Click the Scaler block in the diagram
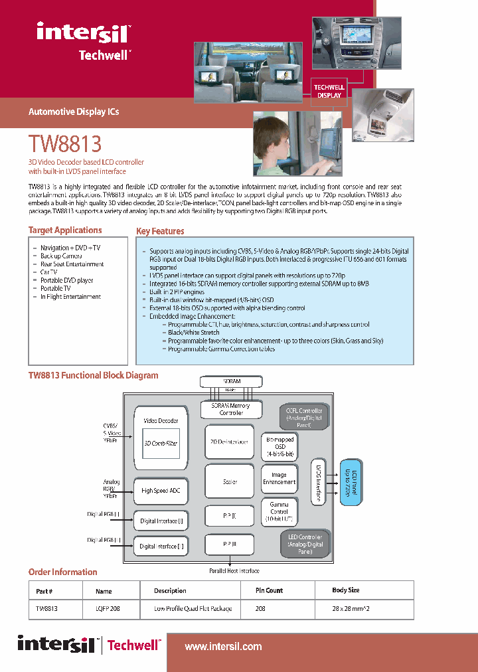pos(230,481)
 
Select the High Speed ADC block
pos(161,491)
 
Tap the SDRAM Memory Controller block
pos(230,409)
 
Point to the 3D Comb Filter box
pos(161,443)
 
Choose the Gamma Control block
pos(279,511)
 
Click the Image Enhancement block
pos(279,478)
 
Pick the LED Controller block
pos(305,544)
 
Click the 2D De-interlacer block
pos(230,442)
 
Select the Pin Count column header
pos(269,590)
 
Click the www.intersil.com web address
pos(223,646)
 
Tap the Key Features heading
pos(160,232)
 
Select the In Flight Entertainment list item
pos(70,297)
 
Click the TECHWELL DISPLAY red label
pos(329,91)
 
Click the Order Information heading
pos(62,572)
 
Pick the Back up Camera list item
pos(61,256)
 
